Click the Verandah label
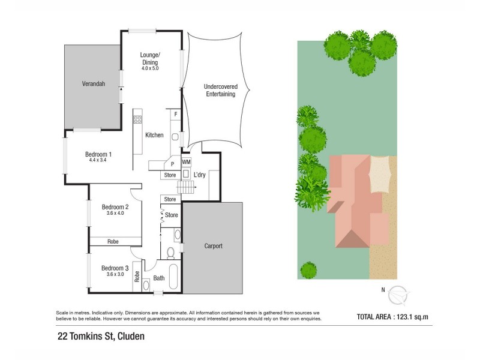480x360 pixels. (94, 84)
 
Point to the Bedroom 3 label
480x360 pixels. (115, 268)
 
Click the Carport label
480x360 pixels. (214, 246)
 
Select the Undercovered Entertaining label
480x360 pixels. (220, 90)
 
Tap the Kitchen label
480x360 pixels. (154, 135)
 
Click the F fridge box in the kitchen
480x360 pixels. (175, 113)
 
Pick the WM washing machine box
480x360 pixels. (186, 162)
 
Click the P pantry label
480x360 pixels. (172, 163)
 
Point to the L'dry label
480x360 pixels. (201, 175)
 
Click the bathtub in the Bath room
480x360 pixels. (173, 277)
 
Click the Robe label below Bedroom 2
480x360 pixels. (113, 241)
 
